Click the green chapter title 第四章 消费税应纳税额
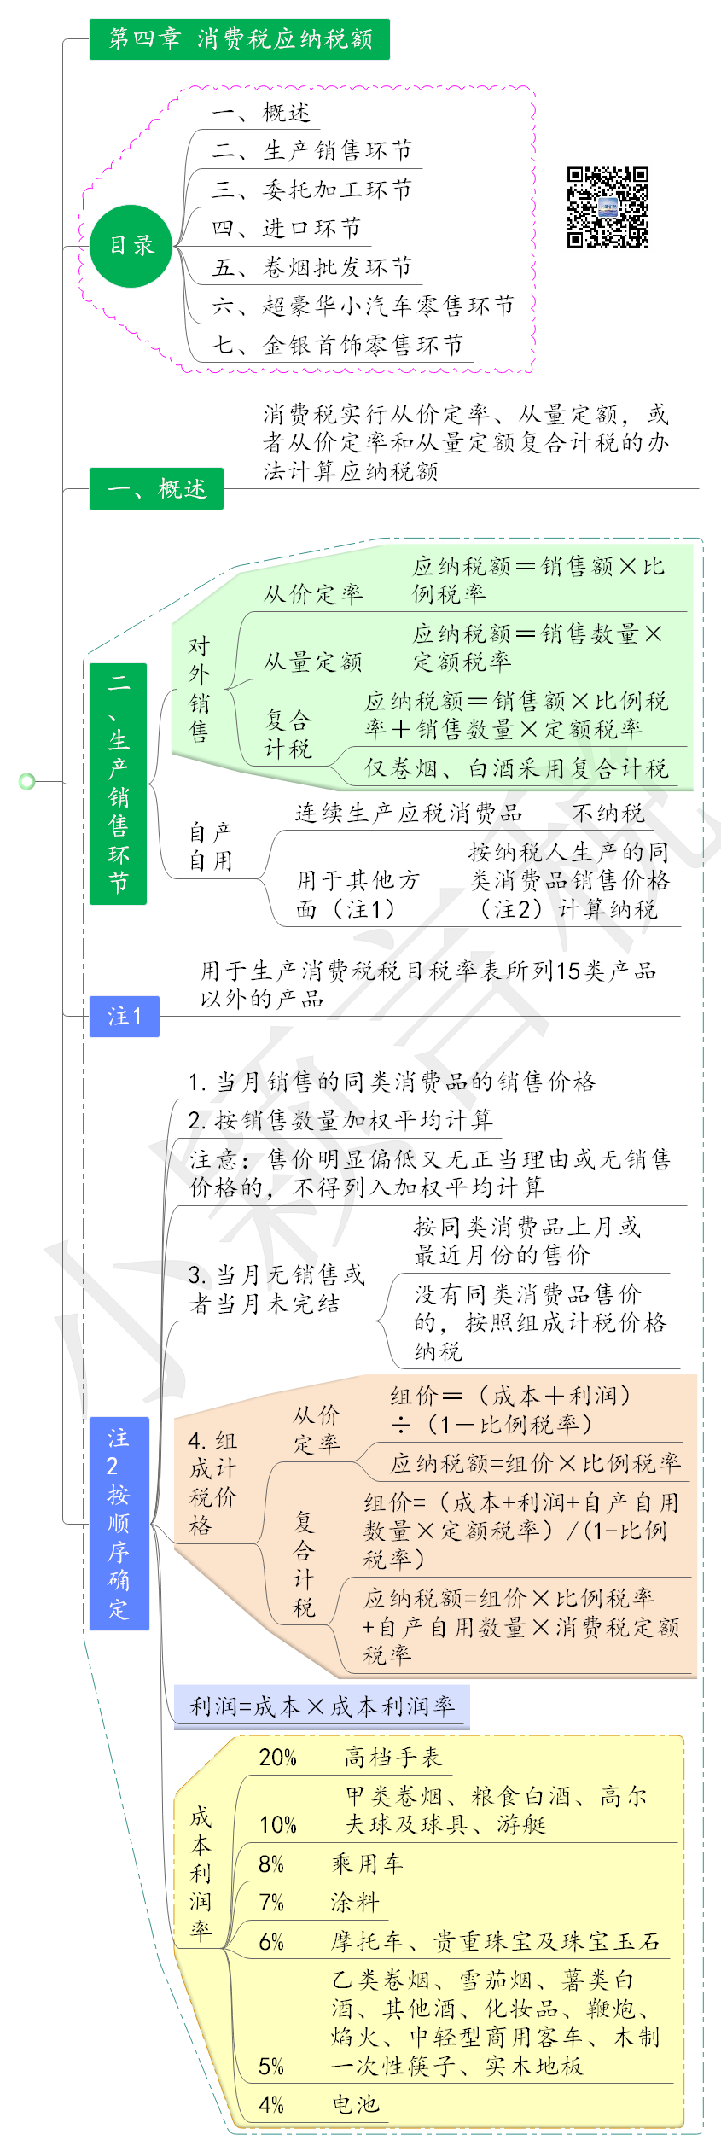pos(239,39)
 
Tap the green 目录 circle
pos(131,246)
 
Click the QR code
pos(608,207)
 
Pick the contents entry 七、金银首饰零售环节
pos(337,345)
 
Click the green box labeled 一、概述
pos(156,489)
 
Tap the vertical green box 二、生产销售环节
pos(118,783)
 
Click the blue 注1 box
pos(125,1016)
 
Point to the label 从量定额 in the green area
pos(312,661)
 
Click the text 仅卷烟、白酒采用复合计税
pos(516,768)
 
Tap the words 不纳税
pos(608,813)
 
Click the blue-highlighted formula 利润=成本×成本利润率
pos(322,1706)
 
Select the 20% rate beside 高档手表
pos(277,1758)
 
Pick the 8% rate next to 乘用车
pos(271,1863)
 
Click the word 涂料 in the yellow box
pos(354,1902)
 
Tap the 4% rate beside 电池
pos(271,2104)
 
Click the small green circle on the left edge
pos(26,781)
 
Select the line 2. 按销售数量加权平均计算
pos(340,1120)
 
